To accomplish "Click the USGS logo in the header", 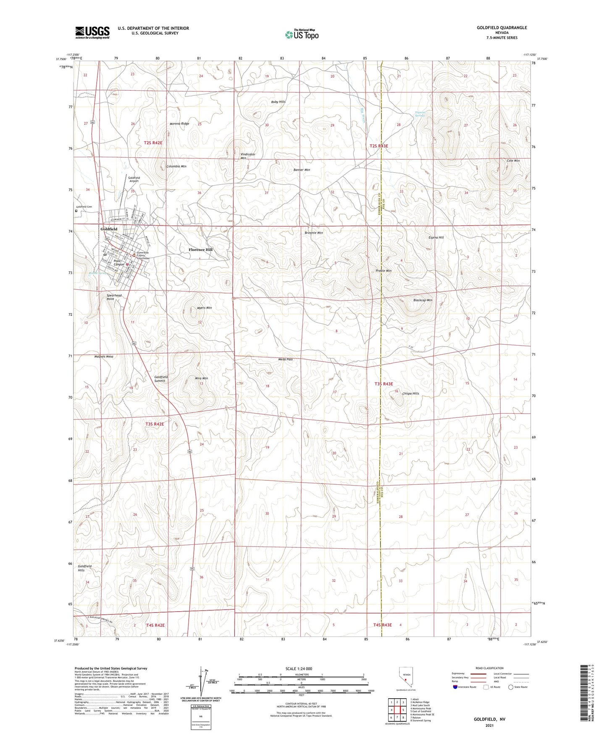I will coord(92,32).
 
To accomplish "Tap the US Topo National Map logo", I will coord(301,34).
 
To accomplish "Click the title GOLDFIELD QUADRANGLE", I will coord(502,28).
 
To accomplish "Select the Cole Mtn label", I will coord(513,161).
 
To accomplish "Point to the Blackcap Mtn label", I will coord(423,300).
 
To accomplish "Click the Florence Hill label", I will coord(200,250).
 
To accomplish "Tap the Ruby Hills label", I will coord(278,102).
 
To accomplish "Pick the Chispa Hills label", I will coord(410,393).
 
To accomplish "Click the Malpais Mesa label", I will coord(103,356).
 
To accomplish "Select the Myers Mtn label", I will coord(204,308).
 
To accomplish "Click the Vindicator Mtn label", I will coord(247,156).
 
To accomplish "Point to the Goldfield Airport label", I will coord(134,180).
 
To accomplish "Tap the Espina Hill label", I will coord(436,238).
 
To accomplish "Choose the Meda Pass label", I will coord(285,359).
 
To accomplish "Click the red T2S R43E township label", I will coord(378,146).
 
